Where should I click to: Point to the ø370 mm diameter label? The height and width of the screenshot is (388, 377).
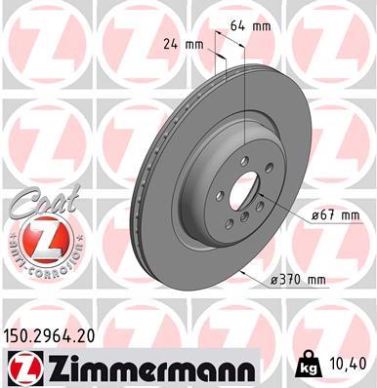pyautogui.click(x=297, y=279)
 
